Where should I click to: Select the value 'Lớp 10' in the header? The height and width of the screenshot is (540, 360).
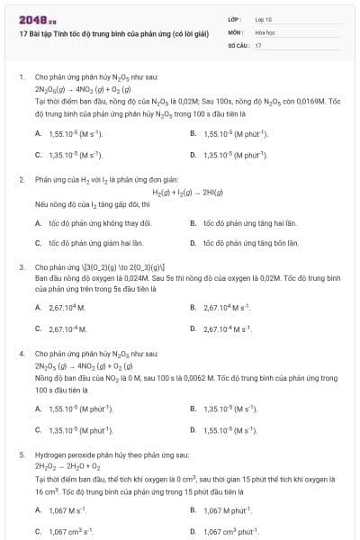pyautogui.click(x=263, y=18)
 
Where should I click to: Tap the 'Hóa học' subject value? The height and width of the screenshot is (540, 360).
pyautogui.click(x=264, y=31)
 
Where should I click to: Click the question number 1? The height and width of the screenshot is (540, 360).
pyautogui.click(x=21, y=77)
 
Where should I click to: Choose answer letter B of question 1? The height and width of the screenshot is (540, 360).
pyautogui.click(x=193, y=133)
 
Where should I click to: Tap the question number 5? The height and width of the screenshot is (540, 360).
pyautogui.click(x=21, y=455)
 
